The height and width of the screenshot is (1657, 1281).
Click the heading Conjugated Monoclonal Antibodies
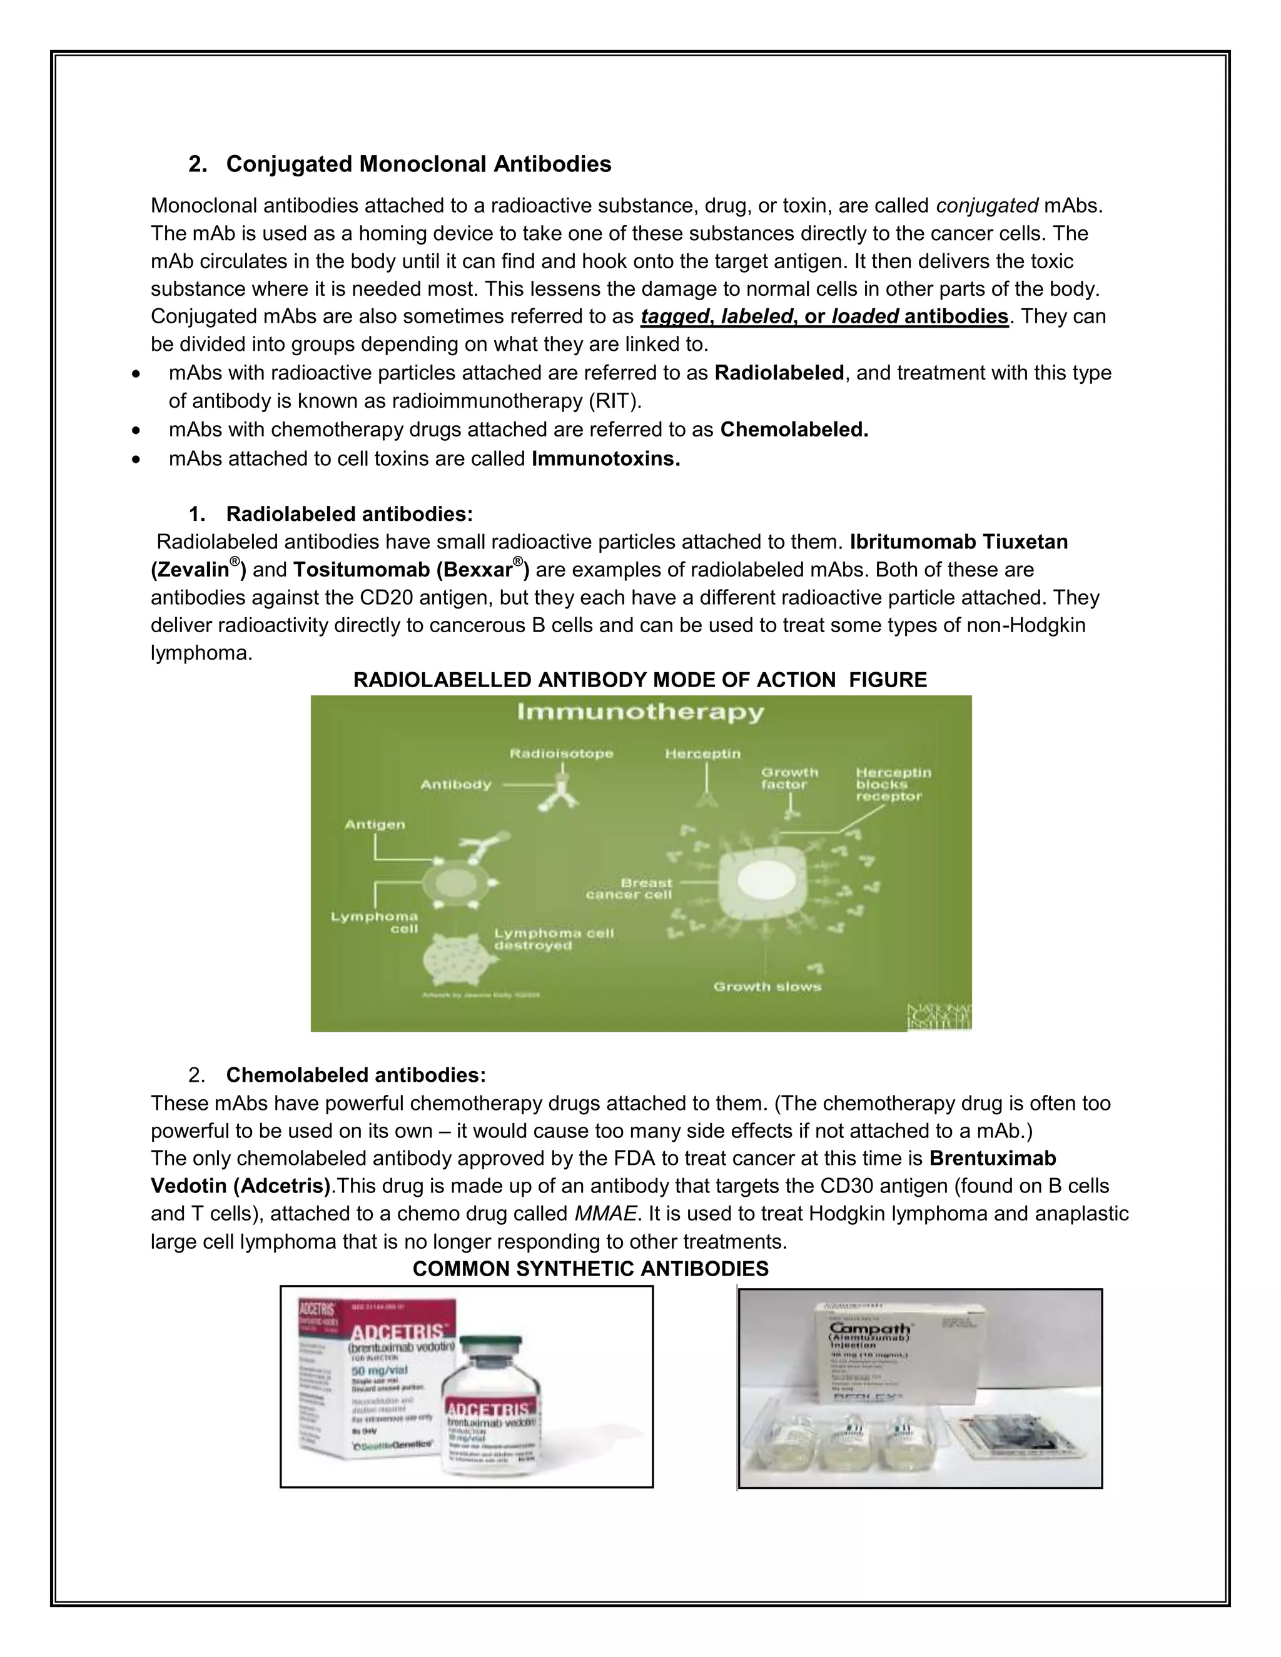[418, 164]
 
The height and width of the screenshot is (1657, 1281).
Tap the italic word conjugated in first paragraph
[986, 206]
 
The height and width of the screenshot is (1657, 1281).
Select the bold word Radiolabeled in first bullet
[779, 373]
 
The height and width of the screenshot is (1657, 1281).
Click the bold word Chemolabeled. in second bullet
[794, 430]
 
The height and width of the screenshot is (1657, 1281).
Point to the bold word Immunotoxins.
[605, 458]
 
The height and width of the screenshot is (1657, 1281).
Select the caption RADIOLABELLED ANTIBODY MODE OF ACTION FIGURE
[640, 679]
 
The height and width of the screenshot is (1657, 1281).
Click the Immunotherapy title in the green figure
[640, 712]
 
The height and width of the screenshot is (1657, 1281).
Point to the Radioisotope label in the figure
[561, 753]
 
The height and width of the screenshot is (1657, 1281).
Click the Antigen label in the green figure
[375, 824]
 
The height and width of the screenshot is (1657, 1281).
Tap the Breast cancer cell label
[630, 888]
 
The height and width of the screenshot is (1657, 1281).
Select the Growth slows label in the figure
[766, 986]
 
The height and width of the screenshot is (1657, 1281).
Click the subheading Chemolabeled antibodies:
[355, 1074]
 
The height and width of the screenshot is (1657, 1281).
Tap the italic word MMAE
[605, 1213]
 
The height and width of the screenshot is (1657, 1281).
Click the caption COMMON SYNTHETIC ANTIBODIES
[590, 1269]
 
